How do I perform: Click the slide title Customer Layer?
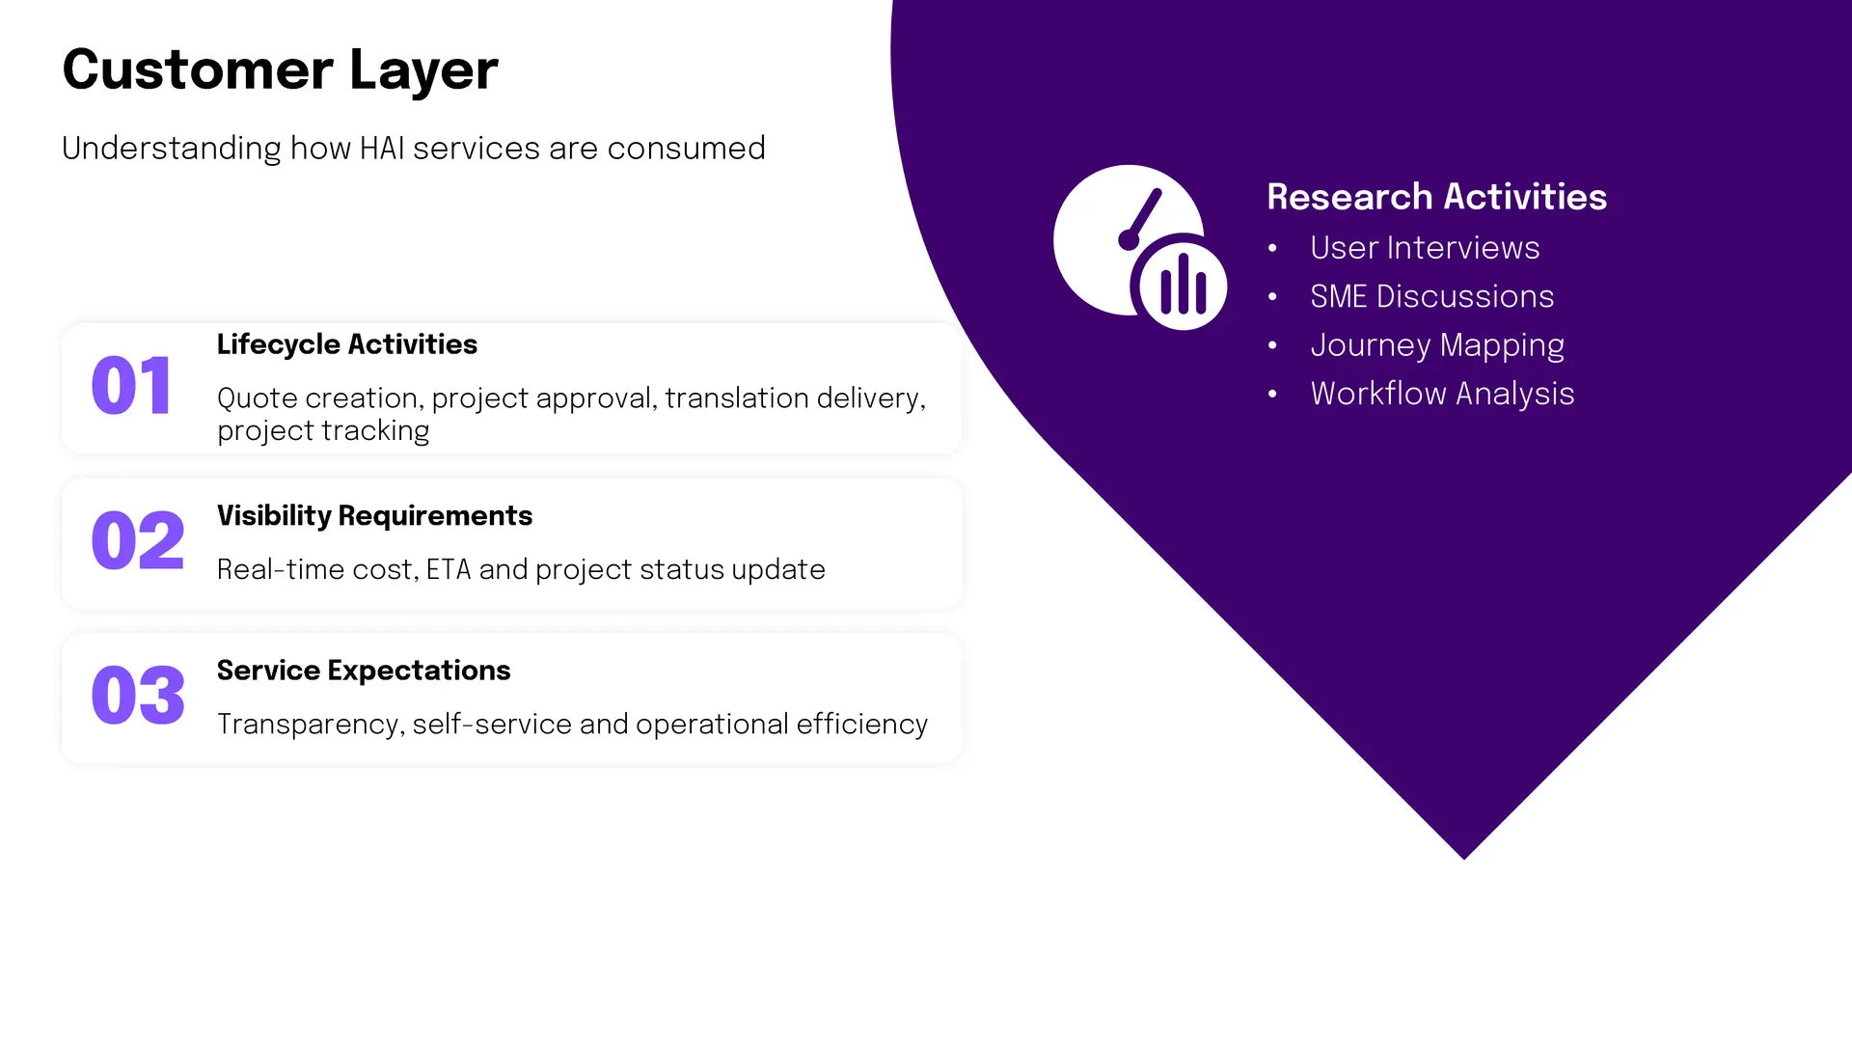[280, 70]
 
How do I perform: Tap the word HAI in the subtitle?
[382, 149]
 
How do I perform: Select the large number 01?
[132, 386]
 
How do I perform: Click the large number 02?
[137, 540]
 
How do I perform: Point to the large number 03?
[137, 695]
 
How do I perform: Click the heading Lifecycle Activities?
[347, 344]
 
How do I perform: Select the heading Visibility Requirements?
[374, 516]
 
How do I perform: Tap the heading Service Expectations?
[364, 671]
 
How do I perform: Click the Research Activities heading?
[1437, 197]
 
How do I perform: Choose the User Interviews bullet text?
[1425, 248]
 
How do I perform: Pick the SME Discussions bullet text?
[1432, 296]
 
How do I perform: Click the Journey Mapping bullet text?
[1437, 346]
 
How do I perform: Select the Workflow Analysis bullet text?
[1442, 395]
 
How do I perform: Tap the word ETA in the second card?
[449, 570]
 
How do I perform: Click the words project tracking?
[323, 431]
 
